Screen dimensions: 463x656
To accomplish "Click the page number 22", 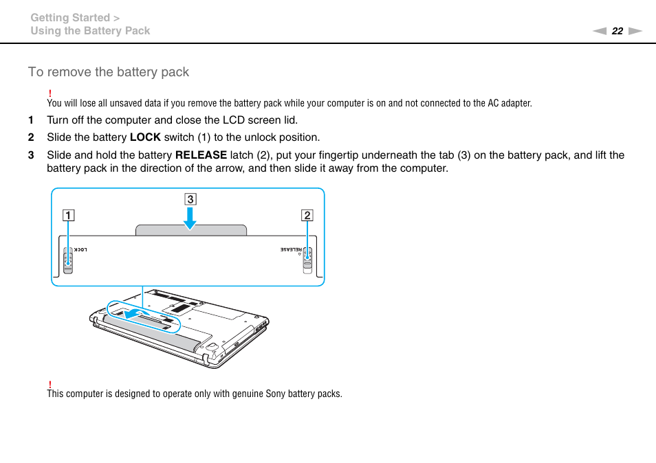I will pos(617,31).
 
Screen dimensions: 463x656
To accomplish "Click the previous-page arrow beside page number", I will pos(600,31).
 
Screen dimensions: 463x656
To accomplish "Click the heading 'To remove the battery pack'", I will pos(109,72).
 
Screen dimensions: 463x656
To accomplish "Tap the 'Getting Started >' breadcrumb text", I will pos(76,18).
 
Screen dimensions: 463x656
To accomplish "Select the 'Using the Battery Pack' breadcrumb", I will pos(90,31).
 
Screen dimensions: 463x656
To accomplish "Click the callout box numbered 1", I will pos(68,215).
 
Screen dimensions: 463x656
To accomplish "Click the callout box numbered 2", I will pos(307,215).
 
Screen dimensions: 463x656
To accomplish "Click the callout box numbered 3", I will pos(190,200).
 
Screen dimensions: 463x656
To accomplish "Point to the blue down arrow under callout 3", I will pos(190,218).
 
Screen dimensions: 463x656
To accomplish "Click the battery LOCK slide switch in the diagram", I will pos(68,260).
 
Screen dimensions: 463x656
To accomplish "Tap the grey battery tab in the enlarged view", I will pos(191,230).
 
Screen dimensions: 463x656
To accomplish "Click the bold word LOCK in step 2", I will pos(145,137).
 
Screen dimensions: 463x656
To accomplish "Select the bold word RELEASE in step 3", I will pos(201,155).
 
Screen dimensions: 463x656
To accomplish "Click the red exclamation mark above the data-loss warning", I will pos(50,93).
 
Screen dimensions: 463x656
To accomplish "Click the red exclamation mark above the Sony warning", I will pos(50,384).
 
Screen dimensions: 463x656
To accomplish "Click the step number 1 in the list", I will pos(31,120).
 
